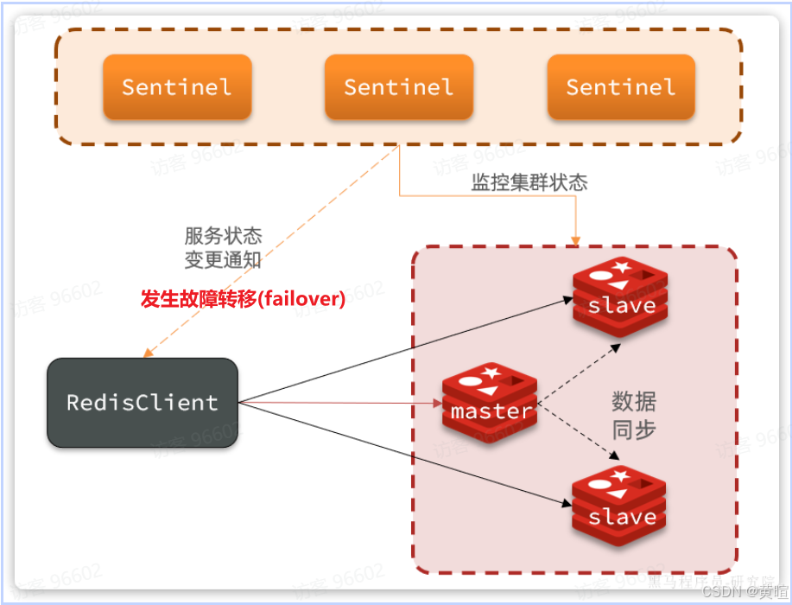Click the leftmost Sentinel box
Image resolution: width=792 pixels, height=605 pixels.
coord(177,87)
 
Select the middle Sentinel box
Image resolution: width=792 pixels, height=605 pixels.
coord(398,87)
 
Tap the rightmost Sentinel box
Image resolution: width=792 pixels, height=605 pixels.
coord(621,87)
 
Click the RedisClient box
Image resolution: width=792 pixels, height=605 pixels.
coord(143,403)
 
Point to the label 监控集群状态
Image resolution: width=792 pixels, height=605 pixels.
coord(529,183)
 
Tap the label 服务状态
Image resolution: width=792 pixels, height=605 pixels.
coord(223,236)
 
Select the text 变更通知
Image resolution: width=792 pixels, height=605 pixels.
coord(223,259)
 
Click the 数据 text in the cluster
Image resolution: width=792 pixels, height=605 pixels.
coord(634,402)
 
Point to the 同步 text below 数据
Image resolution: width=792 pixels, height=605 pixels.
coord(634,430)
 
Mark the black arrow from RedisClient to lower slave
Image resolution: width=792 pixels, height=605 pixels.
coord(406,454)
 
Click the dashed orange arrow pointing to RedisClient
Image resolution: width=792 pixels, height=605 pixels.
coord(276,246)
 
